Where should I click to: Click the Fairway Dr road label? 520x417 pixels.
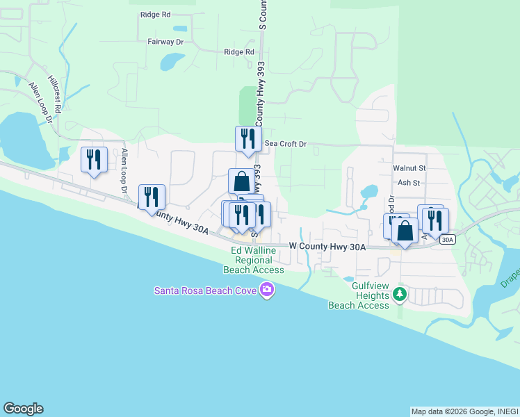(x=165, y=42)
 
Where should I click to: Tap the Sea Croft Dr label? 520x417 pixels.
(x=286, y=144)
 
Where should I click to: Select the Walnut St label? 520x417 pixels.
(x=409, y=168)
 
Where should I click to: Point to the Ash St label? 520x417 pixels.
(x=409, y=183)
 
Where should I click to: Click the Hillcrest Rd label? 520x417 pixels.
(x=55, y=94)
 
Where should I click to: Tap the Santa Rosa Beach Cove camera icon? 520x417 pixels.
(x=266, y=289)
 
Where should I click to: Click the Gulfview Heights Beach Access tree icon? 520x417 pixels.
(x=399, y=295)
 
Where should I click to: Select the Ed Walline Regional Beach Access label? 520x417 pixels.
(x=254, y=260)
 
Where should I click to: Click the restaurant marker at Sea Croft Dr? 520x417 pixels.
(x=248, y=139)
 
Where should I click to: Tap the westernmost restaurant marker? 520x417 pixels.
(x=94, y=159)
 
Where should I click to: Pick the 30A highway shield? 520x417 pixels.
(x=448, y=240)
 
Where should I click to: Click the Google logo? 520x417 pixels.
(x=23, y=409)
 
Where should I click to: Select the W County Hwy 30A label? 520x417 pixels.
(x=327, y=246)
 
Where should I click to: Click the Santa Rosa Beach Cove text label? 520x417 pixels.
(x=204, y=290)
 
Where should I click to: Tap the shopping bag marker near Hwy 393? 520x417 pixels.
(x=241, y=181)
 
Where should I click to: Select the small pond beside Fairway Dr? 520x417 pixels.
(x=170, y=63)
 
